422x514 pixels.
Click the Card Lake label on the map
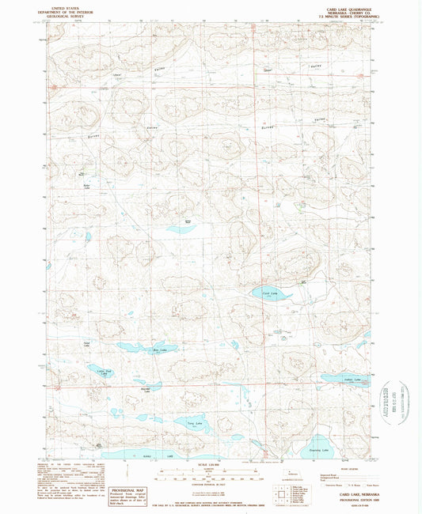(x=270, y=293)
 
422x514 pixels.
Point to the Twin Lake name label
(x=191, y=423)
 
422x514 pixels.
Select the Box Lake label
(x=158, y=349)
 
